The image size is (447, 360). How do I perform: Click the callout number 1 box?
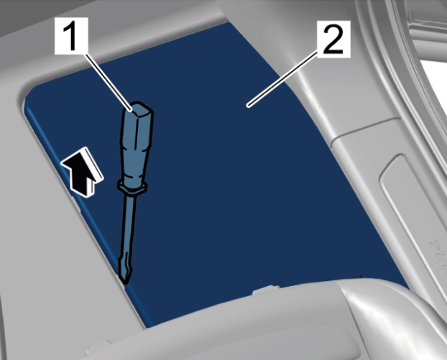coord(71,36)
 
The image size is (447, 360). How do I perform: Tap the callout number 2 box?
coord(333,39)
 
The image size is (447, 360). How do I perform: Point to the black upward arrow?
coord(83,172)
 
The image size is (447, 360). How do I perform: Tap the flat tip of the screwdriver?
coord(125,274)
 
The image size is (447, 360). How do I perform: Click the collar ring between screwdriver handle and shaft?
coord(132,187)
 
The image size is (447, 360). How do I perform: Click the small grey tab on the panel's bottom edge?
coord(266,290)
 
